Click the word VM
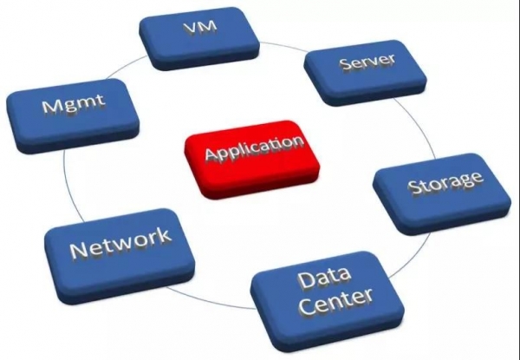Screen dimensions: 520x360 click(x=200, y=27)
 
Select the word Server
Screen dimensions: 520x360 click(x=367, y=62)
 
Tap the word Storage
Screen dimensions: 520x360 click(x=445, y=182)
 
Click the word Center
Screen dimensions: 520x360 click(x=336, y=302)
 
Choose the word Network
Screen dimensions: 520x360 click(x=121, y=243)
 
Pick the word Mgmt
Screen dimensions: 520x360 click(x=73, y=104)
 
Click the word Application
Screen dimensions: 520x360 click(x=254, y=150)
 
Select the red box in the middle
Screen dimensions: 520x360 click(x=251, y=160)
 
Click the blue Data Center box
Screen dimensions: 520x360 click(x=328, y=301)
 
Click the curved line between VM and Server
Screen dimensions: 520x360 click(x=283, y=46)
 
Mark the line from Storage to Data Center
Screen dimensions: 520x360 click(x=413, y=258)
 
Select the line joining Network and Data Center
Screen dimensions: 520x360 click(x=209, y=302)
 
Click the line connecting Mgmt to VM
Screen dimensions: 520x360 click(x=126, y=67)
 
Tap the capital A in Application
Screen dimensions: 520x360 click(x=212, y=154)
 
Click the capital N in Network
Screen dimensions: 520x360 click(x=79, y=251)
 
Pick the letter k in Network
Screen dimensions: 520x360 click(x=164, y=235)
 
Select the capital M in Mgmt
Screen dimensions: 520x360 click(x=51, y=106)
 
